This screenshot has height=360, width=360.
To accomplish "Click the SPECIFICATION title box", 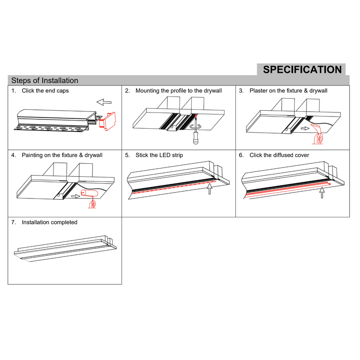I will point(302,69).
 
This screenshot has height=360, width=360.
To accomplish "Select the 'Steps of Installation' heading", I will point(45,81).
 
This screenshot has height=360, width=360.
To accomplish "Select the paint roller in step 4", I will point(90,195).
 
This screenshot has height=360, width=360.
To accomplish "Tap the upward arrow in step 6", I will point(322,192).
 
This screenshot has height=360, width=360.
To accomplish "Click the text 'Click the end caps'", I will point(45,91).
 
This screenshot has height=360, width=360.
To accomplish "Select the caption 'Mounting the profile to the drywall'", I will point(179,91).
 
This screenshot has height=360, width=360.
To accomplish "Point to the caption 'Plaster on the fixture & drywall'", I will point(288,91).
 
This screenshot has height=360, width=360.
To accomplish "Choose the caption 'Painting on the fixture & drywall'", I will point(62,155).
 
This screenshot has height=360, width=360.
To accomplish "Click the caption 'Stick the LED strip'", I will point(159,155).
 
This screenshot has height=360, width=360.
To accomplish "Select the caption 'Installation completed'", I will point(49,222).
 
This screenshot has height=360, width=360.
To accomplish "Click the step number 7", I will point(13,222).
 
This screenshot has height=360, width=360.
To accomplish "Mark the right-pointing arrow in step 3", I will point(304,128).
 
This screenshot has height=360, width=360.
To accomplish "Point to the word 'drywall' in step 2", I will point(212,91).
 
